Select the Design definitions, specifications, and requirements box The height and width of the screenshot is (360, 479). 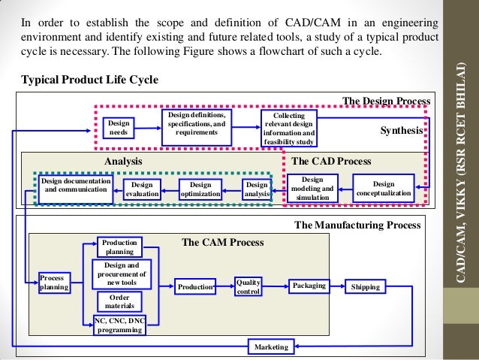197,124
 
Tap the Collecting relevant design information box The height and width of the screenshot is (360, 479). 289,128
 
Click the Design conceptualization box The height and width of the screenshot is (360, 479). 383,189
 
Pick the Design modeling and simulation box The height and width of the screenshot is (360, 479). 312,189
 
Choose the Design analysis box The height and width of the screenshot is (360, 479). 257,189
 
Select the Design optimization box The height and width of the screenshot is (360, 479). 200,189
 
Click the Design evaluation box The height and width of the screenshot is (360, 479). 142,189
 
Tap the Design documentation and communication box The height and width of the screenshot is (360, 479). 75,186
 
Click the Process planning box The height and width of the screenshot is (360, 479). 53,282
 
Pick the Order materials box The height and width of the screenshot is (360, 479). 119,301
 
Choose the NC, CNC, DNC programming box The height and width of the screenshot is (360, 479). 119,324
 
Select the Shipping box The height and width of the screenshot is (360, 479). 366,286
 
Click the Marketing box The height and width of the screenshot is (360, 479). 271,346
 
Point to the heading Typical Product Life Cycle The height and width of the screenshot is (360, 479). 89,80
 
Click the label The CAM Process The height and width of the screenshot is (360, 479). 223,242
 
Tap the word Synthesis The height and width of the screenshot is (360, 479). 402,130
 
